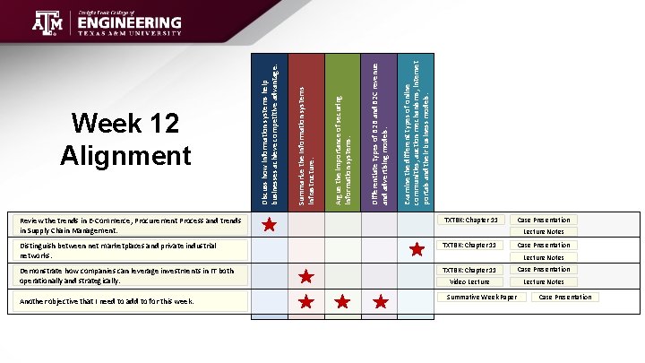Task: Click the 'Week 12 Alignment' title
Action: [x=125, y=141]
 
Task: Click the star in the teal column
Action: [x=416, y=250]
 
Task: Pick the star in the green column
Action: [x=342, y=301]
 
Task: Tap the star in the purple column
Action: [x=380, y=301]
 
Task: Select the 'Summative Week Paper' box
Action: [x=481, y=297]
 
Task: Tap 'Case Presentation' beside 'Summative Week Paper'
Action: [x=564, y=297]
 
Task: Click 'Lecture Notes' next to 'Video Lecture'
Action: [x=544, y=281]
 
